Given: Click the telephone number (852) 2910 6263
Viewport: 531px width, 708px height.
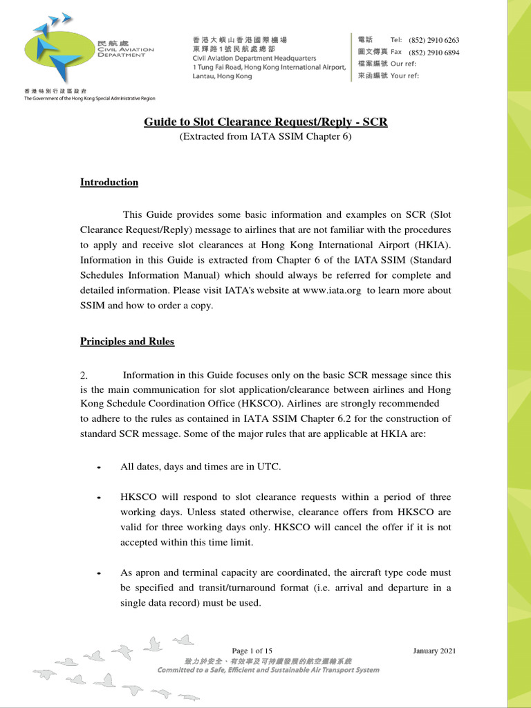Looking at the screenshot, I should pyautogui.click(x=434, y=41).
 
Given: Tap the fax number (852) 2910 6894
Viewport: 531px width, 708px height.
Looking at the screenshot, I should pyautogui.click(x=434, y=53).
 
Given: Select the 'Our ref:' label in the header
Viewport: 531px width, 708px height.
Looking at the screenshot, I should pyautogui.click(x=404, y=64).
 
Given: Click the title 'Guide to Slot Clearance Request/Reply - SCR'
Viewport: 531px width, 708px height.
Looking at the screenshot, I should pyautogui.click(x=265, y=122).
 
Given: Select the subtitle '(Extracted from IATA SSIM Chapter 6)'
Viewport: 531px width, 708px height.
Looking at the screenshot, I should pyautogui.click(x=265, y=137).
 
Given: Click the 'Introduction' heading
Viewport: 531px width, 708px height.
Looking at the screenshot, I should pyautogui.click(x=109, y=183).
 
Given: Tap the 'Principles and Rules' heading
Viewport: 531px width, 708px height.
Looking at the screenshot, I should pyautogui.click(x=127, y=342).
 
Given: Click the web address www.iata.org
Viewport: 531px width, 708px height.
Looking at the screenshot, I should pyautogui.click(x=331, y=290).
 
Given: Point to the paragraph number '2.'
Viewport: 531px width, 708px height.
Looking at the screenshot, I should pyautogui.click(x=84, y=375).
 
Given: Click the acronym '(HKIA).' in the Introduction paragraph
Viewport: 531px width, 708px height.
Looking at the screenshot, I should pyautogui.click(x=434, y=245).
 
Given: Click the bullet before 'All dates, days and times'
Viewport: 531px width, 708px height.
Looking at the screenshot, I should pyautogui.click(x=100, y=468).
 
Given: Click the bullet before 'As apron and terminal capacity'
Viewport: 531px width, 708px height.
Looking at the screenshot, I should pyautogui.click(x=100, y=574).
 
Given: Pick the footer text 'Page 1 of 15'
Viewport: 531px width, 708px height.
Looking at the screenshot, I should pyautogui.click(x=252, y=651).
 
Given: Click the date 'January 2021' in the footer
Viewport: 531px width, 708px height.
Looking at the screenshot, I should pyautogui.click(x=434, y=651).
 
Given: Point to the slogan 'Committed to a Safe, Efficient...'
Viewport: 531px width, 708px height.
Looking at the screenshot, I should pyautogui.click(x=268, y=670).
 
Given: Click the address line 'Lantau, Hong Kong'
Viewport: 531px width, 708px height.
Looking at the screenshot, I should pyautogui.click(x=222, y=76).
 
